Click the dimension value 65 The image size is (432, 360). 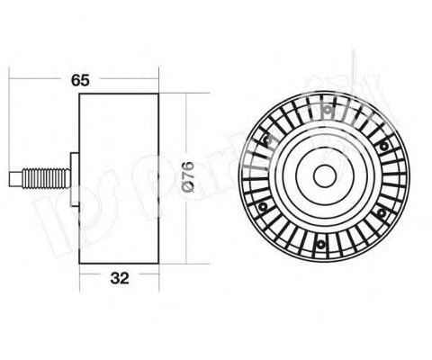point(81,80)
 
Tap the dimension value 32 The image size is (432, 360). point(118,279)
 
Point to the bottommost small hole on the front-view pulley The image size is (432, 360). point(319,243)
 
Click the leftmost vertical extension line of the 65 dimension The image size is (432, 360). point(9,126)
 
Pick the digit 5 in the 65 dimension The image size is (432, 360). point(85,80)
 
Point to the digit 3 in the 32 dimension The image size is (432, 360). point(112,279)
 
